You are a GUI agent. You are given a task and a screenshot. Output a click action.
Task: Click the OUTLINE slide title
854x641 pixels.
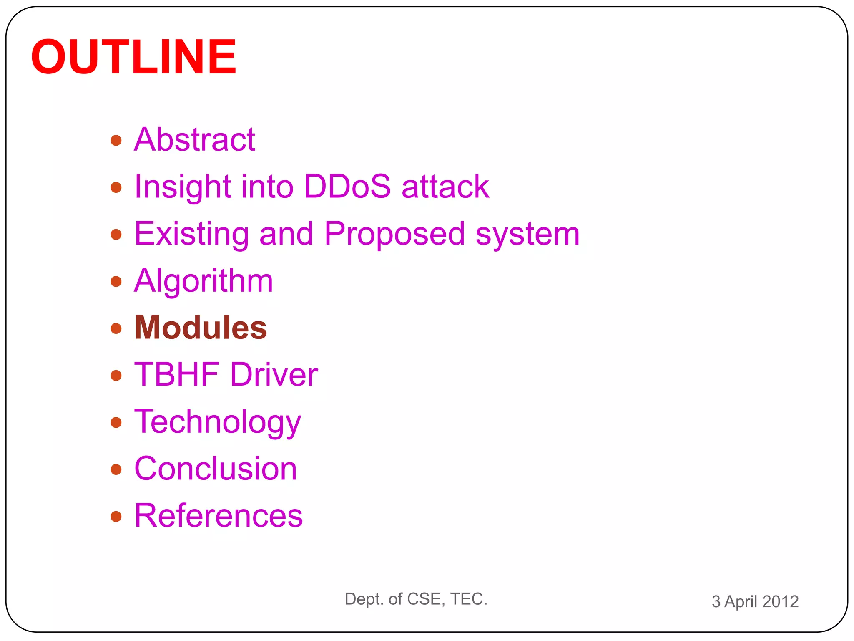click(133, 57)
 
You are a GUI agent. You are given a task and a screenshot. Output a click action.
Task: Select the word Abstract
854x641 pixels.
click(194, 139)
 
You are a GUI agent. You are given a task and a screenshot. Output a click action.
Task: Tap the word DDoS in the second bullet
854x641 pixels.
click(347, 186)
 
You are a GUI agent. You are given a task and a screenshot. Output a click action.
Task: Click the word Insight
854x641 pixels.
click(182, 186)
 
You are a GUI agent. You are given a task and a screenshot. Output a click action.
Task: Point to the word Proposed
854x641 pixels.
click(394, 233)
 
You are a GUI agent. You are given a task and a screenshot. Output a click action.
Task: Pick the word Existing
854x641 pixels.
click(191, 233)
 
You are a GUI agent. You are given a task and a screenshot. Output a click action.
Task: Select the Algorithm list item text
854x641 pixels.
click(203, 281)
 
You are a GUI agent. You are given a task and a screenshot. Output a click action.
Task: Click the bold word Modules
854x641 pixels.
click(201, 328)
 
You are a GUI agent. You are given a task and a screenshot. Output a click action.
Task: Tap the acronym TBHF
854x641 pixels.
click(177, 374)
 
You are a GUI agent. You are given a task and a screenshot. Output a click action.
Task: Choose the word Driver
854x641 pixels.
click(274, 374)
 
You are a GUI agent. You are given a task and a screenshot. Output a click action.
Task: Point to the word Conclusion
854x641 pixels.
click(216, 469)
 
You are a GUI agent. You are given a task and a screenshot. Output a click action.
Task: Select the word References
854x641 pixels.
click(219, 516)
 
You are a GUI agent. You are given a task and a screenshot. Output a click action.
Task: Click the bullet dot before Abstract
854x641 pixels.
click(116, 140)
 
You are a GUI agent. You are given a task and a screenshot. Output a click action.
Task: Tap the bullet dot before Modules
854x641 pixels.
click(116, 328)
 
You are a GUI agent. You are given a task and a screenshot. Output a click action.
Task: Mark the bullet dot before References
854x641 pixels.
click(116, 517)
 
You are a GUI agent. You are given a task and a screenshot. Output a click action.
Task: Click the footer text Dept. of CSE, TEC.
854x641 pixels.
click(416, 599)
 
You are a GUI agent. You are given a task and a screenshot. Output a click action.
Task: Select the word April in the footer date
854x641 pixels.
click(741, 602)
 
